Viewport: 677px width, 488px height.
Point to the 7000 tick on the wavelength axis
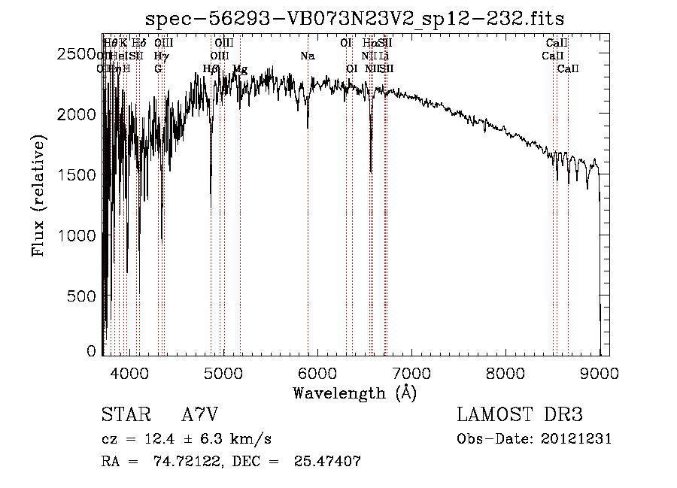411,371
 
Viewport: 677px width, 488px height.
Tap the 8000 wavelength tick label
505,371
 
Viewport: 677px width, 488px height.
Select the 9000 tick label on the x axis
600,371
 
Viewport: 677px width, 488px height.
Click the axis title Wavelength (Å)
354,392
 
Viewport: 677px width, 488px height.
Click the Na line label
307,56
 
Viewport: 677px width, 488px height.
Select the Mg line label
240,69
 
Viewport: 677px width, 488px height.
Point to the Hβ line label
211,69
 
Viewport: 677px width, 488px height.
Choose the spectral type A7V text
199,415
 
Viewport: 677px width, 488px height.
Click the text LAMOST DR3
520,415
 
